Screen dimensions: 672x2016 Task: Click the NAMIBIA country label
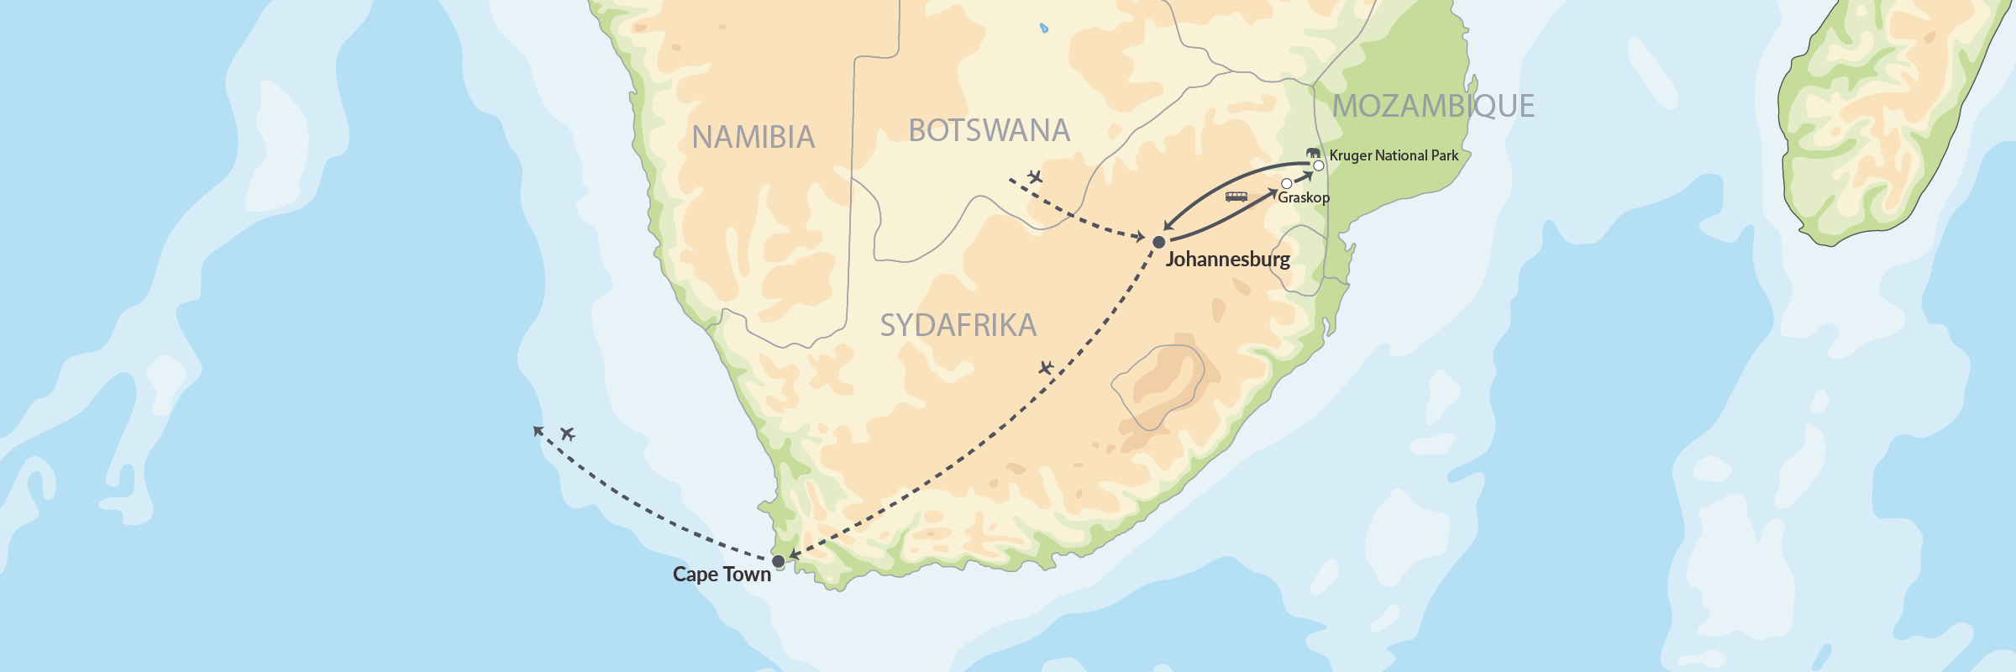[753, 137]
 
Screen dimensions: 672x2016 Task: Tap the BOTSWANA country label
[990, 131]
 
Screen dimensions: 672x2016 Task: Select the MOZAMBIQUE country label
[1433, 106]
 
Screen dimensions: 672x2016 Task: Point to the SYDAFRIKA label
[958, 325]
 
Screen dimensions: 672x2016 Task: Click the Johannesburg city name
[1227, 259]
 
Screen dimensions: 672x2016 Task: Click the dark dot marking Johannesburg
[1159, 242]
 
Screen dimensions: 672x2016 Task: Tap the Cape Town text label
[722, 575]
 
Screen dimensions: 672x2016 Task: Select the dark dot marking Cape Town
[779, 561]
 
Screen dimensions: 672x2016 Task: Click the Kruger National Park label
[1394, 155]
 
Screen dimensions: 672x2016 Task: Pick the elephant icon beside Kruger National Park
[1313, 153]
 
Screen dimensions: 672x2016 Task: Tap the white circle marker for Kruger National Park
[1319, 165]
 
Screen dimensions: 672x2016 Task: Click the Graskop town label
[1304, 197]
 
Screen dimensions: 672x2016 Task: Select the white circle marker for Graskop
[1287, 183]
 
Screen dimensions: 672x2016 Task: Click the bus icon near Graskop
[1236, 197]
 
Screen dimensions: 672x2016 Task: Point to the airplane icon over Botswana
[1035, 176]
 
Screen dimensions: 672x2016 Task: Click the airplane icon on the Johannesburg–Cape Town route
[1046, 368]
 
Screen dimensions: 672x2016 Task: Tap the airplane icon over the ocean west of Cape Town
[568, 433]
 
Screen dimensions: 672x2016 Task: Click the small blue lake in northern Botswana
[1044, 28]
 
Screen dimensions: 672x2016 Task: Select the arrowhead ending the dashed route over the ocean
[538, 431]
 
